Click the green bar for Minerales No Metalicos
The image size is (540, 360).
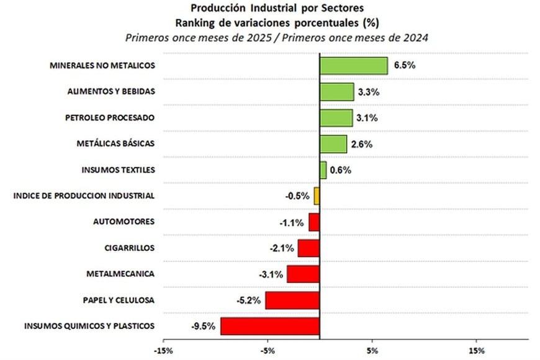click(353, 66)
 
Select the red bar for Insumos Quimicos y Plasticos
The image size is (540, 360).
click(270, 326)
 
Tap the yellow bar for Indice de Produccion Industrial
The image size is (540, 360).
click(317, 196)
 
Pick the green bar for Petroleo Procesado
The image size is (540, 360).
click(336, 118)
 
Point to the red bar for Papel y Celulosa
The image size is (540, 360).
click(292, 300)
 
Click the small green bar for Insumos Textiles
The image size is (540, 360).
click(323, 170)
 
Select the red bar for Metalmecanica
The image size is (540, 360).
click(303, 274)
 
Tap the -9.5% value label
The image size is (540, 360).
click(202, 326)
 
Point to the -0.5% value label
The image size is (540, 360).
click(297, 196)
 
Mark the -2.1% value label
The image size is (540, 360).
click(281, 248)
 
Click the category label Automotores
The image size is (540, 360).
click(124, 222)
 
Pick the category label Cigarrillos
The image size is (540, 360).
click(129, 248)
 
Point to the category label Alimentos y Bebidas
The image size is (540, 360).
click(110, 91)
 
